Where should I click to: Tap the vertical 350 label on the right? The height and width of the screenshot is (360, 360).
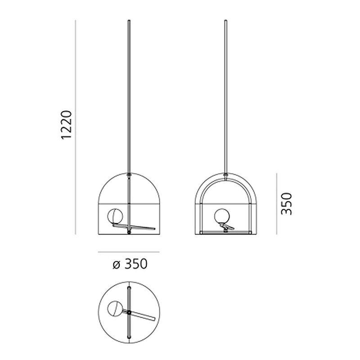tap(286, 204)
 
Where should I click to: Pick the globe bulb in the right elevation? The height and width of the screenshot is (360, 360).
tap(221, 216)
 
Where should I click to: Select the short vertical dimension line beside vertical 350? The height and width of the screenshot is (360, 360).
tap(276, 203)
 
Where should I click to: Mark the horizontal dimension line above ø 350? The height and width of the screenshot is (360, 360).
tap(129, 252)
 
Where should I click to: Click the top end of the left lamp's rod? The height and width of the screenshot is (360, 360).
tap(130, 21)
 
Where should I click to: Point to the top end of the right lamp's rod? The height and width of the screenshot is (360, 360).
tap(225, 21)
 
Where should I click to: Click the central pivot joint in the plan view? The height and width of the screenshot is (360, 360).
tap(130, 312)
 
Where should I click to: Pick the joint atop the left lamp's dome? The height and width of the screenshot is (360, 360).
tap(130, 175)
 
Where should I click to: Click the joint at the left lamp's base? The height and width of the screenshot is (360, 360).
tap(130, 233)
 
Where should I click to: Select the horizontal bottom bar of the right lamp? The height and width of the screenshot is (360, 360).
tap(225, 232)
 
